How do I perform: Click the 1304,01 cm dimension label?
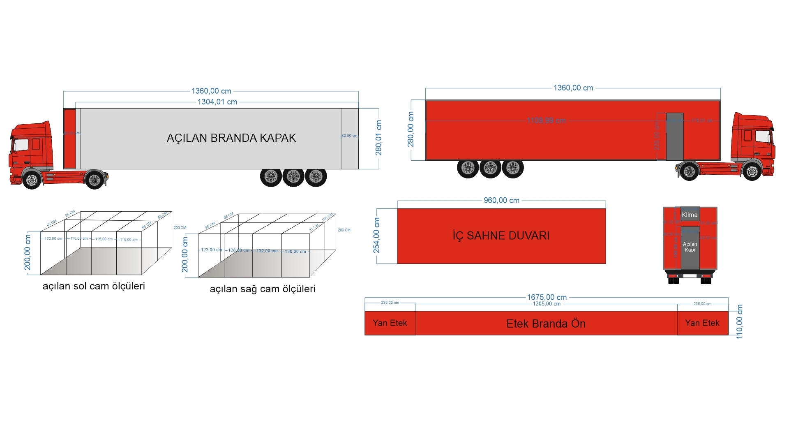(x=217, y=102)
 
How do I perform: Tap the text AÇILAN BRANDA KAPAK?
(x=231, y=138)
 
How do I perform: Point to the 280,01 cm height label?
(x=378, y=138)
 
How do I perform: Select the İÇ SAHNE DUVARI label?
(x=501, y=236)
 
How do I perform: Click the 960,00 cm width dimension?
(x=501, y=201)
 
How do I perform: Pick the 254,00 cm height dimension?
(x=376, y=236)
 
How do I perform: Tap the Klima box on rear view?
(x=690, y=215)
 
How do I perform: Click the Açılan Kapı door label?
(x=690, y=247)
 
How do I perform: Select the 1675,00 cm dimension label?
(x=547, y=297)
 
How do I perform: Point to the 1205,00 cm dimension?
(x=547, y=304)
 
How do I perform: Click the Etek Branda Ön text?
(x=546, y=324)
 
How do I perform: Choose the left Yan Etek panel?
(x=390, y=323)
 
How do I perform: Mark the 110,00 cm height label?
(x=740, y=321)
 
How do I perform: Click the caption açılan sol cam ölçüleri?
(x=94, y=286)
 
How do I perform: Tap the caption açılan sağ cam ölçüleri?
(x=263, y=289)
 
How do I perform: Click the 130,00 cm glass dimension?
(x=295, y=252)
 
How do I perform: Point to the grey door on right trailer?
(x=674, y=136)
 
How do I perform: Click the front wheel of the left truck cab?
(x=32, y=180)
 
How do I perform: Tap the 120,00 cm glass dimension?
(x=53, y=239)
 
